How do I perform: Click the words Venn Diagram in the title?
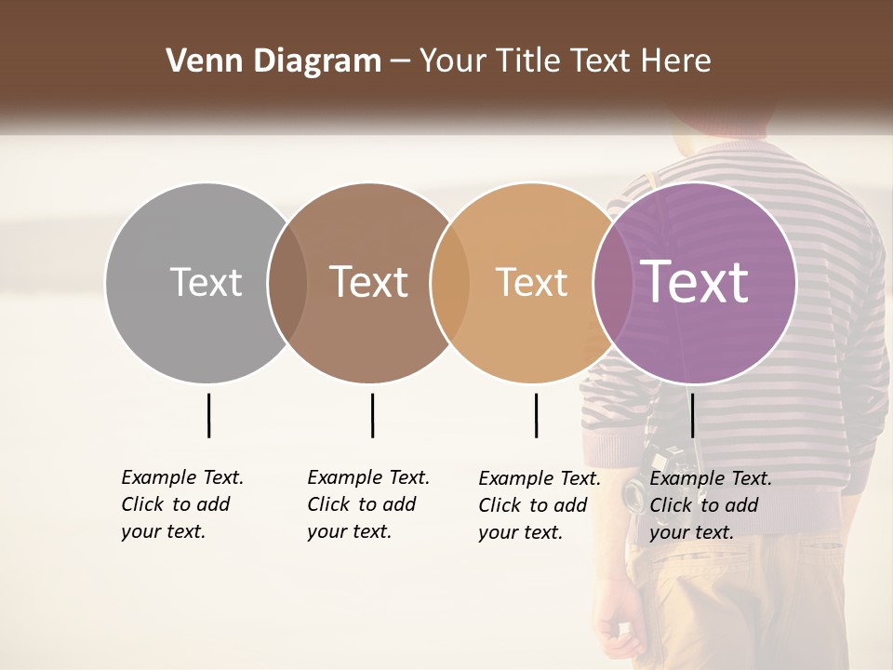(x=273, y=61)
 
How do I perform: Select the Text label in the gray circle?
(x=206, y=282)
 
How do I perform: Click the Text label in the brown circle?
(x=369, y=282)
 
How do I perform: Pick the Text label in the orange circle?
(x=531, y=282)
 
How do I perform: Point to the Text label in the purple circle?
(x=695, y=282)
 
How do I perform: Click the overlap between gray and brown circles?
(x=287, y=283)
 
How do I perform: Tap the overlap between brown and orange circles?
(x=449, y=283)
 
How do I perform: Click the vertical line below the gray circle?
(x=208, y=415)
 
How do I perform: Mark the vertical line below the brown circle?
(x=372, y=415)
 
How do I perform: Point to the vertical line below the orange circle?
(x=536, y=415)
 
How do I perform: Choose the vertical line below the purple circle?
(x=692, y=415)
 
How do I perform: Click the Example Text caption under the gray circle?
(x=182, y=504)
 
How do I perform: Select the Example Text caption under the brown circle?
(x=368, y=504)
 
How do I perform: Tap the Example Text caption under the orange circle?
(x=540, y=505)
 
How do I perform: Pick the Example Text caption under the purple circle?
(x=711, y=505)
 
